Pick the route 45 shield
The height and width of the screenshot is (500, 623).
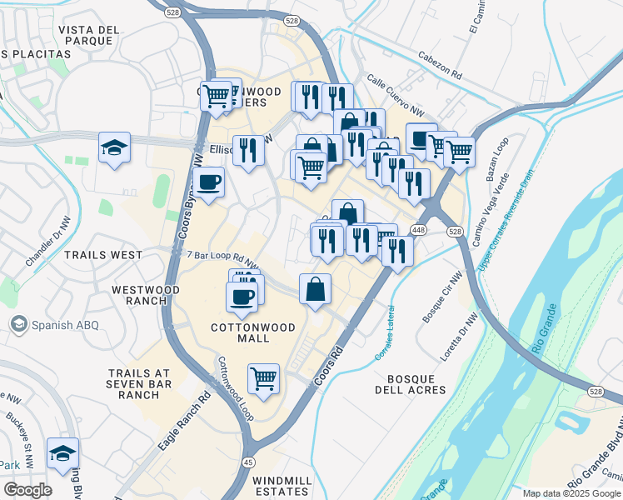click(249, 462)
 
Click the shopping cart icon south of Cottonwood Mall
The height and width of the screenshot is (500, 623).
click(264, 378)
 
